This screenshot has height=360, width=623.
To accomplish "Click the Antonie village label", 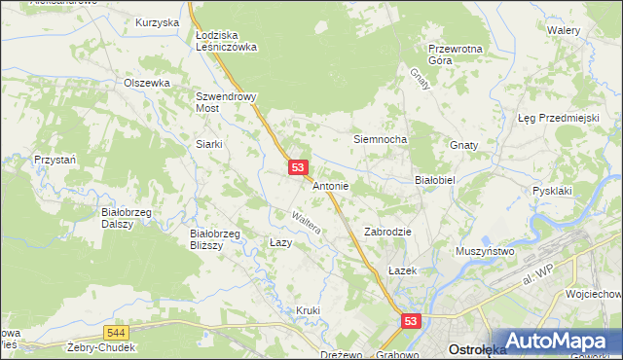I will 331,185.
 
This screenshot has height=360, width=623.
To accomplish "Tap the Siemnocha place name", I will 379,139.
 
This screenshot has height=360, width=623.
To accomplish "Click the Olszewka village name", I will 147,83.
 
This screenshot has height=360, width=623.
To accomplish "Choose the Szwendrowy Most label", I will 225,103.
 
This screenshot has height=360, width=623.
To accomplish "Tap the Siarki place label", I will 209,144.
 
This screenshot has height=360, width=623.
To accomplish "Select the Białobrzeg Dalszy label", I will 124,216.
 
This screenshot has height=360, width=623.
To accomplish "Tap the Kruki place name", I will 308,310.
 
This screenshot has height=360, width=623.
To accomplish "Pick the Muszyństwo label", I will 485,251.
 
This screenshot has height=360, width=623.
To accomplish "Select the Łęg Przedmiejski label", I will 557,118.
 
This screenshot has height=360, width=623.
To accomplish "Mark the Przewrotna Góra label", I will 456,54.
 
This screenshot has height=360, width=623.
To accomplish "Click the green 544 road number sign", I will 117,332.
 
